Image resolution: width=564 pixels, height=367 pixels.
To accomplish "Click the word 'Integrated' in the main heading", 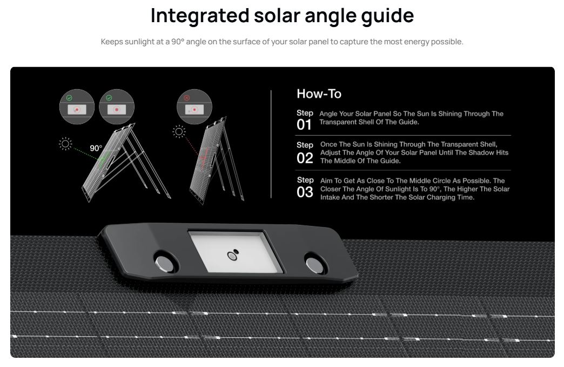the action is coord(200,16).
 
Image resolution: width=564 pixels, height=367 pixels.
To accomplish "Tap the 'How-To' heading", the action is coord(319,94).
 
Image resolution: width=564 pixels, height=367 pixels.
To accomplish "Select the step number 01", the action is coord(304,125).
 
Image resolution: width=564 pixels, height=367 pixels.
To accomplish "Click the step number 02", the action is coord(305,158).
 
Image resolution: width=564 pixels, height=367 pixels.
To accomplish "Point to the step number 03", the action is coord(305,192).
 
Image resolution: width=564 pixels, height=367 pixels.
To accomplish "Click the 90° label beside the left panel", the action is coord(96,148).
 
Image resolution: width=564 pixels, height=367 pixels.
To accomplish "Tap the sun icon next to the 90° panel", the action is coord(65,144).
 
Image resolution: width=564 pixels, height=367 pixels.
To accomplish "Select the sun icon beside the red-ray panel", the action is coord(179,132).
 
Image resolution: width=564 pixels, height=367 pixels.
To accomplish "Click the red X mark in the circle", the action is coord(186,98).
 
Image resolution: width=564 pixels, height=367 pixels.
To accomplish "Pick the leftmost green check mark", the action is coord(69,98).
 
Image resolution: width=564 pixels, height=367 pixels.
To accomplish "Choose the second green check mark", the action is coord(109,98).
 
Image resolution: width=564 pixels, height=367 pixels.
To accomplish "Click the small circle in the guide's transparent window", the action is coord(232,256).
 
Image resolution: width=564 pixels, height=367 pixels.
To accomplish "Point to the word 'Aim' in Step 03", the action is coord(326,181).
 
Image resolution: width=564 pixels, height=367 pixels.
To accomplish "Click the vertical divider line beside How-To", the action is coord(271,144).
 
